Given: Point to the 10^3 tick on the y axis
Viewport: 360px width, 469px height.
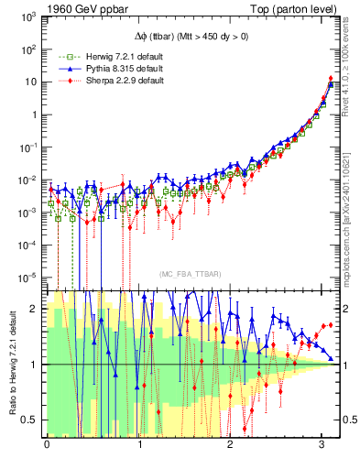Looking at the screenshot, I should tap(30, 16).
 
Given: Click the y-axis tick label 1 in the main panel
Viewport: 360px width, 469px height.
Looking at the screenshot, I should tap(36, 115).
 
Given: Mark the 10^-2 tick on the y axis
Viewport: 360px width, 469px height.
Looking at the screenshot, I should tap(30, 180).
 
